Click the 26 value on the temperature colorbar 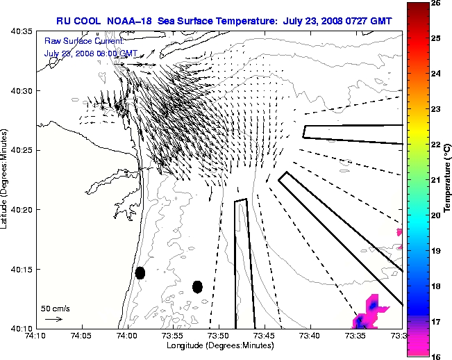436,3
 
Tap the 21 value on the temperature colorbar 436,180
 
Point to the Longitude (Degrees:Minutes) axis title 219,345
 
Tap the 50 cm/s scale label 55,308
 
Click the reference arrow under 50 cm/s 54,319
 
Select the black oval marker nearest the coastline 140,272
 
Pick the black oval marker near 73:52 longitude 197,286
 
